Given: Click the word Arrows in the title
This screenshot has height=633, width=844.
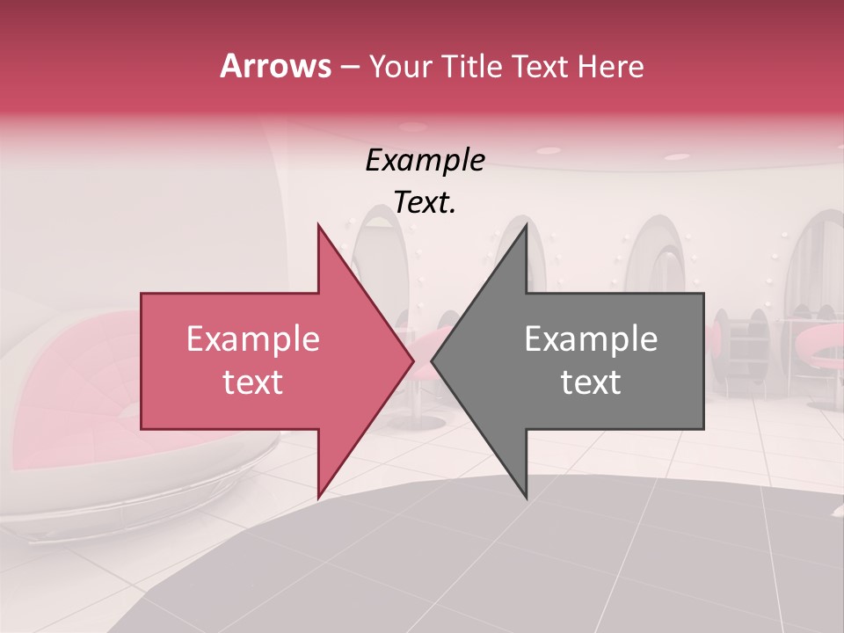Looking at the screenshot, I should coord(275,66).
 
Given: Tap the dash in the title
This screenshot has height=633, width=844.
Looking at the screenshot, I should coord(349,67).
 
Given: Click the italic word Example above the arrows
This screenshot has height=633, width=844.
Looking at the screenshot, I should coord(425,161).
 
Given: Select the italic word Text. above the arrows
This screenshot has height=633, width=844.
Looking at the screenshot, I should coord(425,202).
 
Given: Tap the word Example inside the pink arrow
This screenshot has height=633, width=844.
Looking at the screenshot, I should coord(253,339).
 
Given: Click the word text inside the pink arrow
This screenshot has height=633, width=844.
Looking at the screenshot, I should coord(253,382).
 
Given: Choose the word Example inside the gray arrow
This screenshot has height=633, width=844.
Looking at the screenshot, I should coord(591,339).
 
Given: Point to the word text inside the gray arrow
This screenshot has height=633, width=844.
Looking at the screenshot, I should coord(591,382).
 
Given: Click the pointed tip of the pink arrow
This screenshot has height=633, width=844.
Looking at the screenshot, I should coord(412,360).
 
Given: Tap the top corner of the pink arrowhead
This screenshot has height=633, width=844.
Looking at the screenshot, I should coord(318,226).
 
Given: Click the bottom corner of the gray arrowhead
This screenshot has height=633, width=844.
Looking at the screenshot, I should coord(526,496).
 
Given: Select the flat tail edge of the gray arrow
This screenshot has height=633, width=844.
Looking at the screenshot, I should coord(702,360).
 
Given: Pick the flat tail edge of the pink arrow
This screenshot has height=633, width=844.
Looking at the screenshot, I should coord(142,360).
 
